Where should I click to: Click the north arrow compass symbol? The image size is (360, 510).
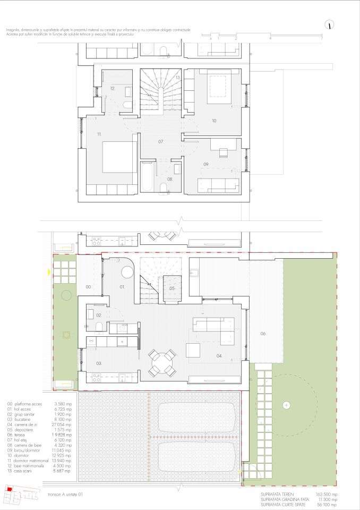pyautogui.click(x=330, y=24)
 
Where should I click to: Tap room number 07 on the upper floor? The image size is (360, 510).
pyautogui.click(x=161, y=141)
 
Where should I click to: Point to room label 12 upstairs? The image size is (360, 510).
pyautogui.click(x=113, y=88)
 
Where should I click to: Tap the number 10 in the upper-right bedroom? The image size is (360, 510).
pyautogui.click(x=214, y=121)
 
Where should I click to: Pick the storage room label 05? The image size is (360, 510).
pyautogui.click(x=172, y=288)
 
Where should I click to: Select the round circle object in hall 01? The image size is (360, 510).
pyautogui.click(x=128, y=272)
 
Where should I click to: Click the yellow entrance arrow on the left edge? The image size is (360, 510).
pyautogui.click(x=49, y=273)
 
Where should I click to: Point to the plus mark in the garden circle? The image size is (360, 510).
pyautogui.click(x=287, y=405)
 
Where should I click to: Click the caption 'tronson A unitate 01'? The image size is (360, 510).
pyautogui.click(x=65, y=494)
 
